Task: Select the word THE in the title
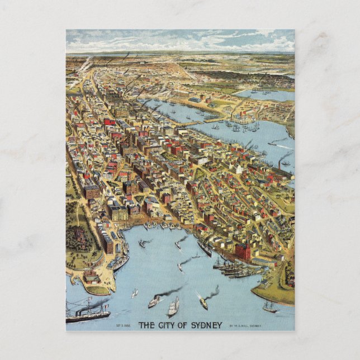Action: coord(144,325)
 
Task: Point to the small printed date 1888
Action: coord(125,325)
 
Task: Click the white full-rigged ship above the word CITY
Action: coord(173,306)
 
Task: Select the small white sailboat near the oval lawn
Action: coord(134,292)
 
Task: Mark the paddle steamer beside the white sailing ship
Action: coord(154,302)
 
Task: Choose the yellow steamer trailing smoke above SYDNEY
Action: coord(203,303)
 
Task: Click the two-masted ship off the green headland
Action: coord(270,306)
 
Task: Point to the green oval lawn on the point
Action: coord(97,290)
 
